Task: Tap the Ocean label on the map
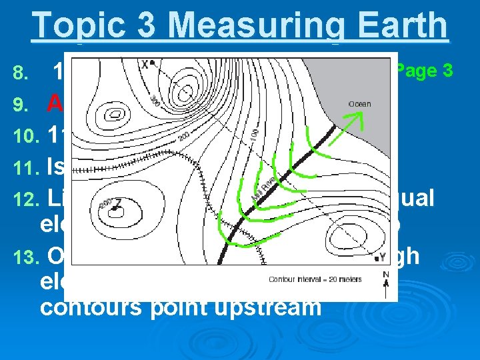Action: click(x=359, y=104)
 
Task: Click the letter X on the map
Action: click(x=145, y=64)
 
